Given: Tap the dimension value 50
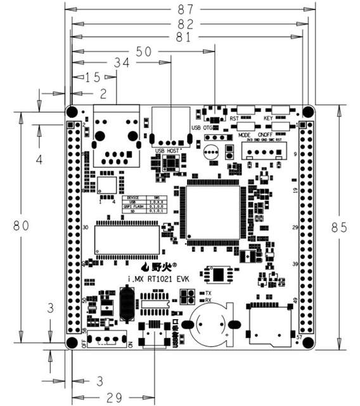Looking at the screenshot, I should tap(144, 52).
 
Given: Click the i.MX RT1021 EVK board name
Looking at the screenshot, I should tap(155, 279).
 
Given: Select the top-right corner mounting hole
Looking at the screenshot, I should tap(308, 112).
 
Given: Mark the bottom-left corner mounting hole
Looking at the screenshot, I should tap(72, 343).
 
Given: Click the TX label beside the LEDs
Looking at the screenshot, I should tap(208, 292).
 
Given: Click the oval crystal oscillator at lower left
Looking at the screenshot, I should tap(125, 303).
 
